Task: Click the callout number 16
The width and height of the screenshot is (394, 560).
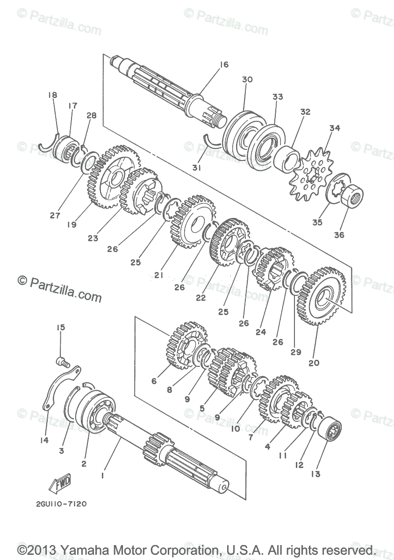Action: click(224, 65)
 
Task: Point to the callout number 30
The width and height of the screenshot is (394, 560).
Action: click(247, 79)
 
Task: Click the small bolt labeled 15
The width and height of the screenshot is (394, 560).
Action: click(62, 360)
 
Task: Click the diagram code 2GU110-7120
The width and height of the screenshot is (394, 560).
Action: click(61, 504)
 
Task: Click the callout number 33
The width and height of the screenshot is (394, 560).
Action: click(278, 97)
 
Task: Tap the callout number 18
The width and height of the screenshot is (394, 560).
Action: click(52, 95)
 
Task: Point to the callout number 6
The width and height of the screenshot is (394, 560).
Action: click(154, 381)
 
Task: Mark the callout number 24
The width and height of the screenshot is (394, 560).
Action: click(261, 332)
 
